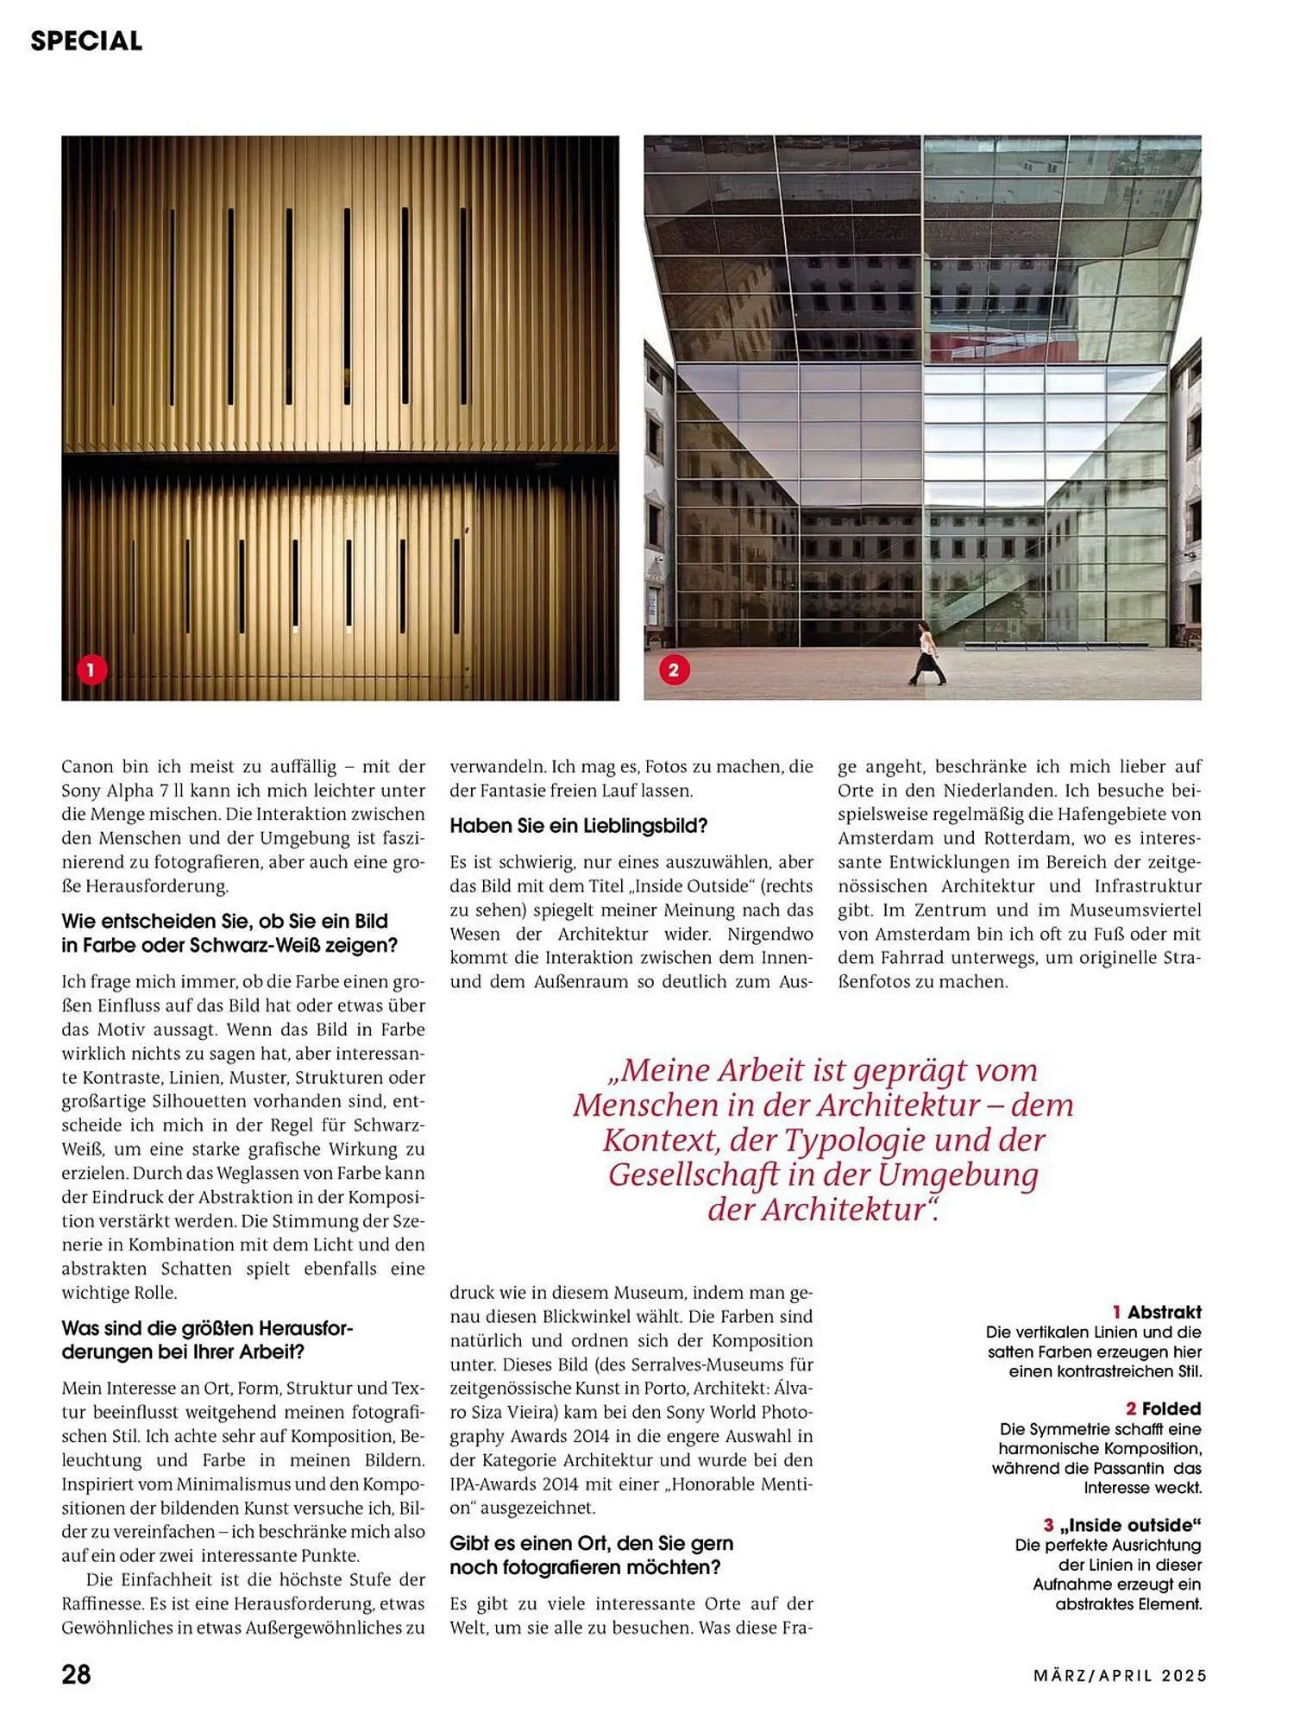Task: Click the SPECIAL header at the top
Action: (x=86, y=41)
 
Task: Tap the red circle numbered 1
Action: (x=91, y=669)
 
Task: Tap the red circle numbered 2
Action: (x=674, y=669)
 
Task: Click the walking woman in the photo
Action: (x=925, y=653)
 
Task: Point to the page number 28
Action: (x=76, y=1674)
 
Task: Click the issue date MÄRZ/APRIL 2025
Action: (x=1120, y=1675)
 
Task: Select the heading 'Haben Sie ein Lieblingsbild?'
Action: (x=578, y=826)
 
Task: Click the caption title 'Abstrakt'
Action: (x=1164, y=1313)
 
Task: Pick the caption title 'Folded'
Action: (x=1171, y=1409)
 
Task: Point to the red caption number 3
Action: (x=1048, y=1525)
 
